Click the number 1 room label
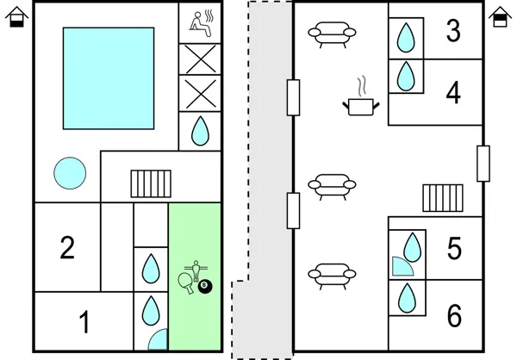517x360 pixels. pyautogui.click(x=84, y=323)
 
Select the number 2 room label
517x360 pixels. pyautogui.click(x=67, y=248)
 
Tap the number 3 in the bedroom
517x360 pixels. pyautogui.click(x=453, y=31)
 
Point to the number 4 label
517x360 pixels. pyautogui.click(x=453, y=92)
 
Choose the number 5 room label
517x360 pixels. pyautogui.click(x=455, y=249)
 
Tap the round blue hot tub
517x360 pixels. pyautogui.click(x=70, y=174)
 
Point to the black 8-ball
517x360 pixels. pyautogui.click(x=205, y=286)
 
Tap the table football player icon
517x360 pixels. pyautogui.click(x=196, y=267)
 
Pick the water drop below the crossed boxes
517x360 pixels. pyautogui.click(x=200, y=131)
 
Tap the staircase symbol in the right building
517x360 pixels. pyautogui.click(x=442, y=197)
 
